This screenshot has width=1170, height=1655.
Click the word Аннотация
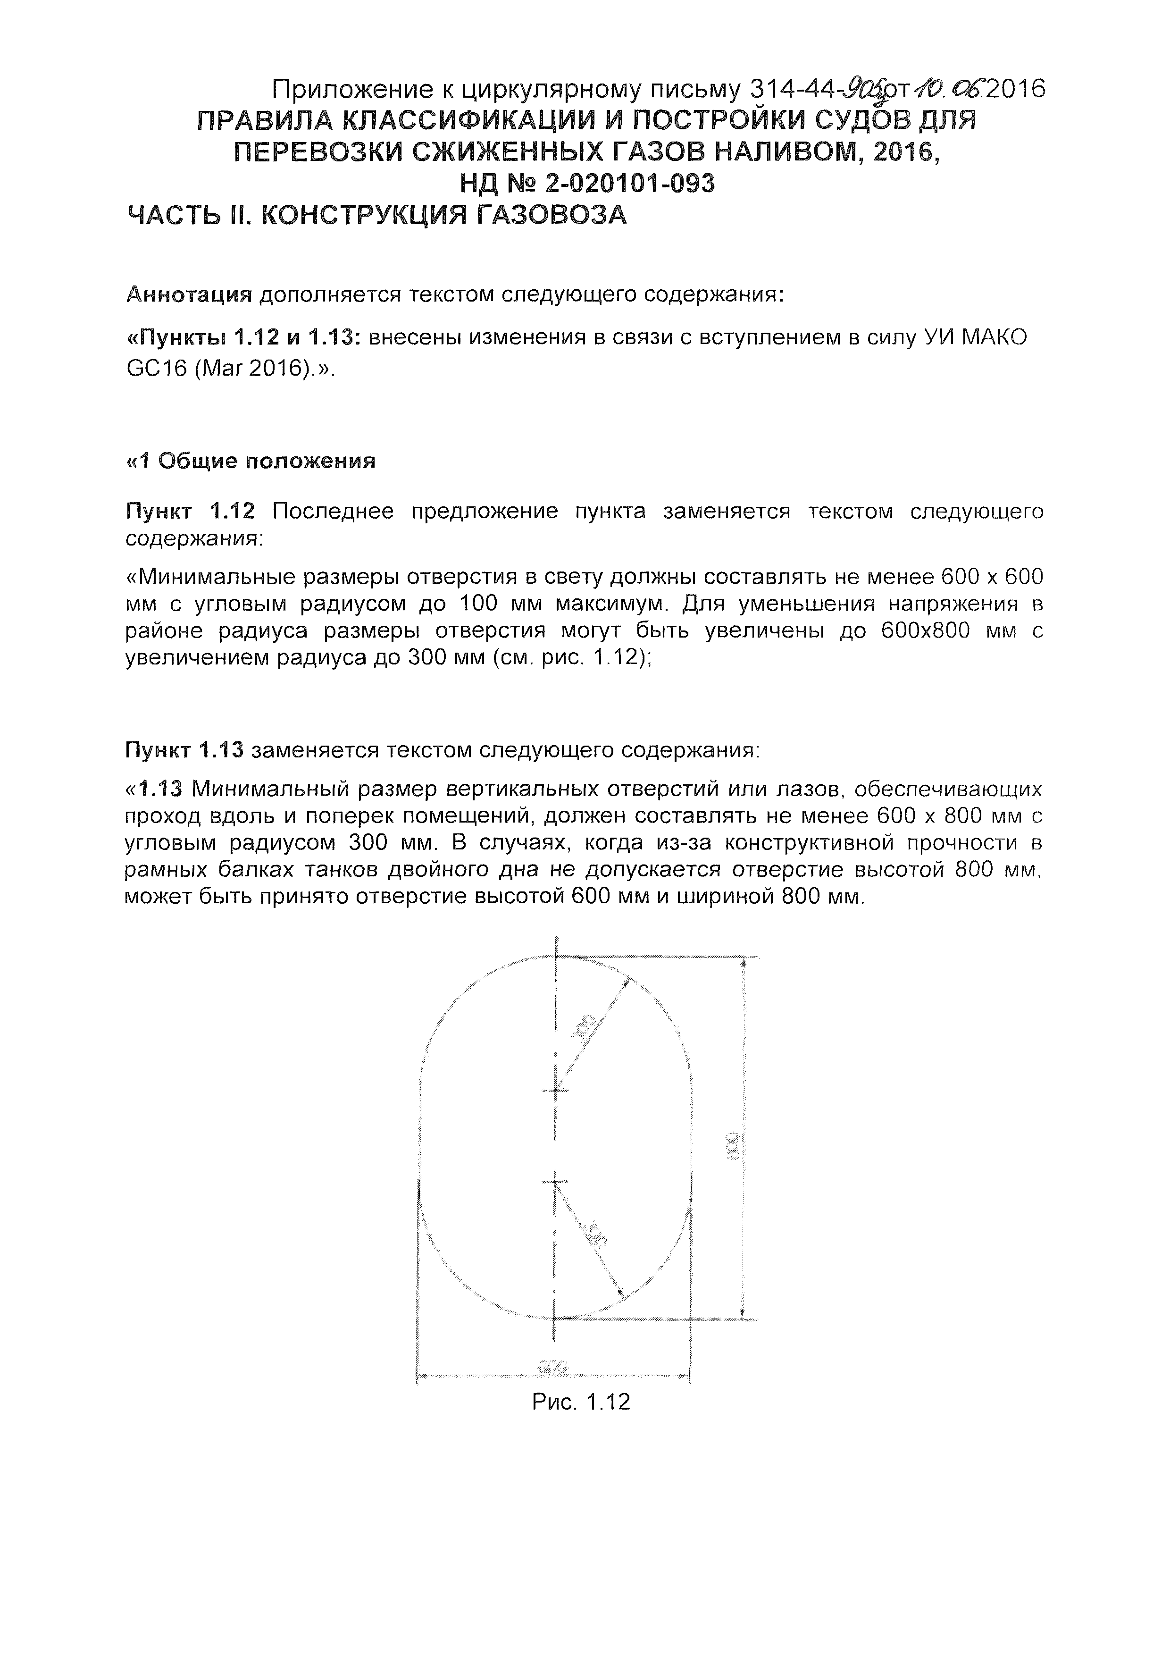[189, 295]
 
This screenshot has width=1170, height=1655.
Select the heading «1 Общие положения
[251, 461]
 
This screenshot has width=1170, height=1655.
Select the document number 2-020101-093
[630, 184]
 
